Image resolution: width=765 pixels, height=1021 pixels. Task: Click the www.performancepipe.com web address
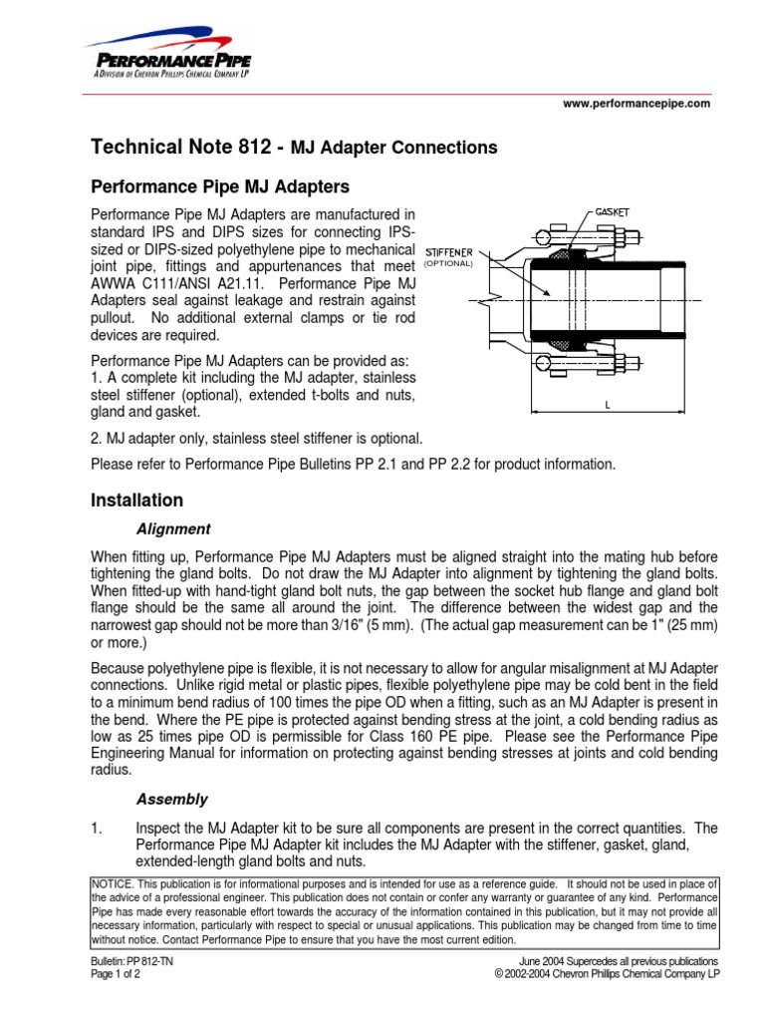pos(637,103)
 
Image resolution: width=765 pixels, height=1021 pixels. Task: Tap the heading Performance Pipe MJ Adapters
pos(220,186)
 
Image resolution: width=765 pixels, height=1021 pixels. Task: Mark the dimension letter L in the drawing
pos(607,404)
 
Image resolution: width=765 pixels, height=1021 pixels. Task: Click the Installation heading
pos(137,500)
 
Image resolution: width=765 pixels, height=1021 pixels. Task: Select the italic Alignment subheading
pos(172,528)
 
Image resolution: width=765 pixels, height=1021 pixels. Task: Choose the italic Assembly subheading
pos(171,799)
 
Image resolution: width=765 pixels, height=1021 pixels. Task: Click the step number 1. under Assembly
pos(97,828)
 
